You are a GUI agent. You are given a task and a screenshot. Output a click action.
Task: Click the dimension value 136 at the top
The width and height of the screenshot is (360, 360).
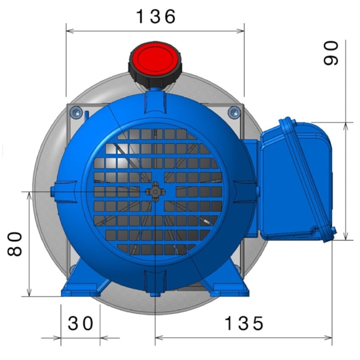[x=155, y=16]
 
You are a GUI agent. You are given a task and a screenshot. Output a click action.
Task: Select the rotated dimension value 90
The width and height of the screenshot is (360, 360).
[x=331, y=52]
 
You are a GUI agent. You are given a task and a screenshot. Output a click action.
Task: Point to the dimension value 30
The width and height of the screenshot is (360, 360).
[x=80, y=323]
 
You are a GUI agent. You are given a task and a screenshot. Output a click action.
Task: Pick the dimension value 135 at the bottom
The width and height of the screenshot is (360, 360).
[x=244, y=323]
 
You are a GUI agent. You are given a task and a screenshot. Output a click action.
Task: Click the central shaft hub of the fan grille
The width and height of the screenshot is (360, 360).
[x=155, y=191]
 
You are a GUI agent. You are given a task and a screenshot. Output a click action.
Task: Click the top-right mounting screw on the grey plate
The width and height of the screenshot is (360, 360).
[x=235, y=111]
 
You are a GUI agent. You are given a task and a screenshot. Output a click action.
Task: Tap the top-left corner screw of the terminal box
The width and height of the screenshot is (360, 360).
[x=285, y=123]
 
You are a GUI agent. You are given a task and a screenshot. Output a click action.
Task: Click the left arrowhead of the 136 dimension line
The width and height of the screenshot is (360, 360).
[x=68, y=29]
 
